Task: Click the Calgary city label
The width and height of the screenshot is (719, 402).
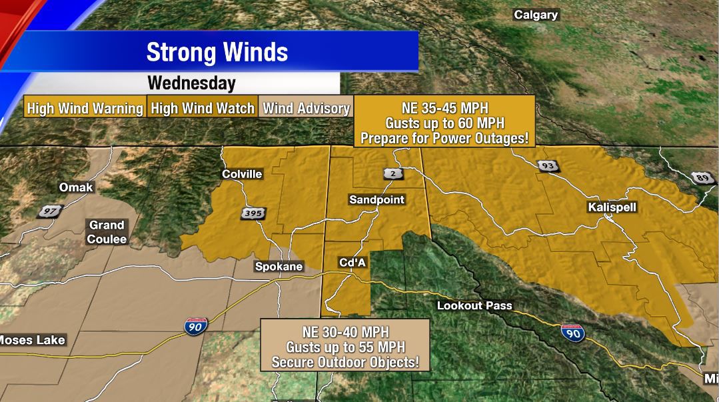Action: tap(536, 15)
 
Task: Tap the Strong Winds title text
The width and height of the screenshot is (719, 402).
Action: tap(217, 52)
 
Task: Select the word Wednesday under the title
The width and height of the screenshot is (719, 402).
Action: tap(191, 83)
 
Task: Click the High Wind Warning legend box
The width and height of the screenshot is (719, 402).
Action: tap(85, 109)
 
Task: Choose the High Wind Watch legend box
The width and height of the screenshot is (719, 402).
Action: tap(203, 109)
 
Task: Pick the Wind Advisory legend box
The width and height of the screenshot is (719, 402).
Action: tap(306, 109)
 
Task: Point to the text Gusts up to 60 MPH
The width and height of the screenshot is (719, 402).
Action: tap(444, 123)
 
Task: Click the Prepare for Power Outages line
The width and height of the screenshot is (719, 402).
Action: tap(444, 138)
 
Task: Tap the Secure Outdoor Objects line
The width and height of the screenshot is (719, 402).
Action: tap(345, 363)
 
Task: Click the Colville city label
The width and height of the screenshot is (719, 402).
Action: tap(242, 174)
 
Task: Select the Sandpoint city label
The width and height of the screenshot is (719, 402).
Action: tap(376, 199)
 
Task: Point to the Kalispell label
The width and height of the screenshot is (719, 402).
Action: tap(612, 207)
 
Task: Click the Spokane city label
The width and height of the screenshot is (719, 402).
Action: tap(279, 266)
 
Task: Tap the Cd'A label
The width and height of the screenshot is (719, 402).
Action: tap(353, 263)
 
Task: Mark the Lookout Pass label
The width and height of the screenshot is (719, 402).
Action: tap(474, 305)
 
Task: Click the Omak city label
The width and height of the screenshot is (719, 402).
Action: tap(76, 187)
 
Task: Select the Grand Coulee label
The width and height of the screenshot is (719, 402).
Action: tap(107, 232)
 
